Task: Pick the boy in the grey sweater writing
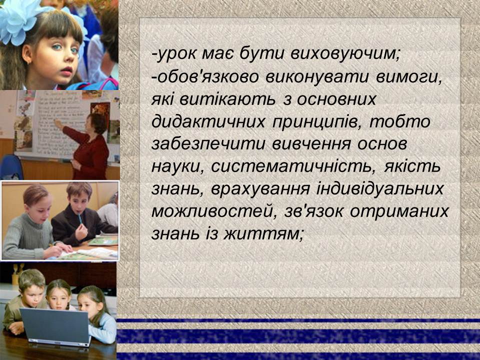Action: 30,225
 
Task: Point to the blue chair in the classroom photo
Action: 11,167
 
